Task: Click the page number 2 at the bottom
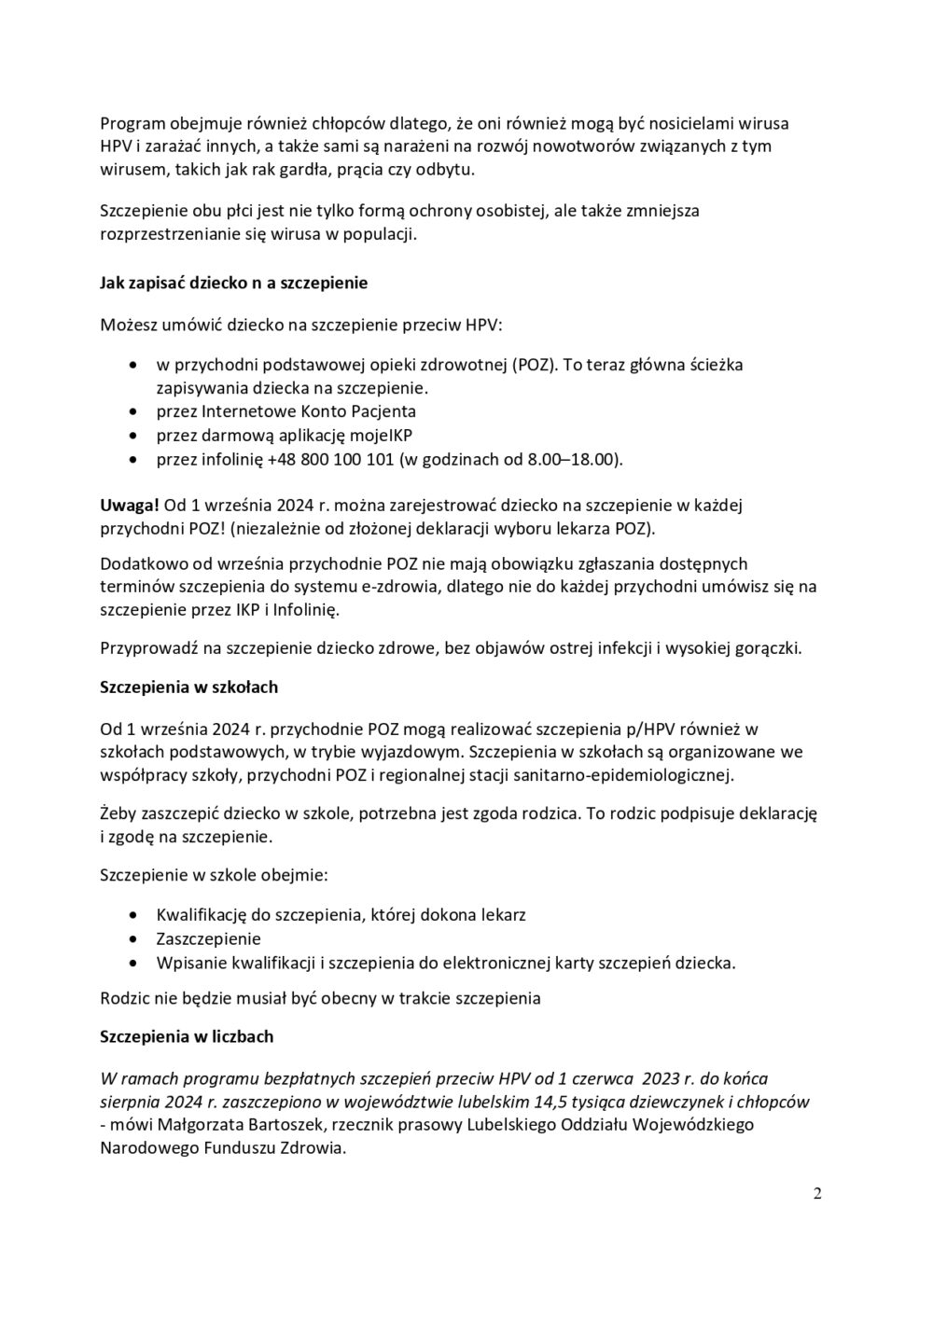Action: (x=817, y=1195)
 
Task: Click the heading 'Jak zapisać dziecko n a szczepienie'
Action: (x=233, y=283)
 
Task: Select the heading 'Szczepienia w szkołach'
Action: (x=188, y=687)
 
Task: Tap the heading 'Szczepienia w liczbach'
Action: (x=187, y=1036)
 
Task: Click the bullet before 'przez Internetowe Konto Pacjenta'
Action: (x=136, y=411)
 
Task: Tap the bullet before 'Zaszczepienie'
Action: (x=136, y=939)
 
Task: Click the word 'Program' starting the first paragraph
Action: (x=132, y=122)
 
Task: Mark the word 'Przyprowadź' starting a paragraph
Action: (x=145, y=647)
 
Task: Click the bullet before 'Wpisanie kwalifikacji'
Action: (x=136, y=964)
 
